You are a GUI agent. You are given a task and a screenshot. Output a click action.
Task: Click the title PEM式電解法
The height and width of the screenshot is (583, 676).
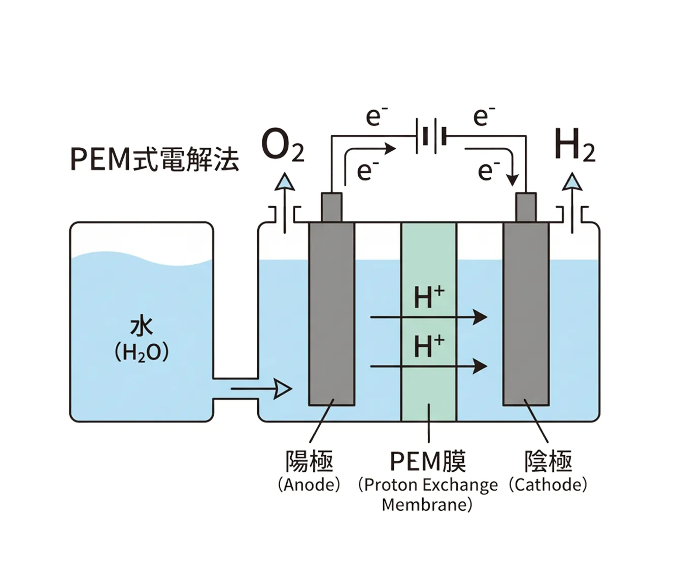point(154,159)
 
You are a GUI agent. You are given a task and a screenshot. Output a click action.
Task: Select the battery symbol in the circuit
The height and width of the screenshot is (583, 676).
point(431,136)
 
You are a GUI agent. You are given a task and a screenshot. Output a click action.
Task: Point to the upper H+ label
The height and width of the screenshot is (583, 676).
point(429,298)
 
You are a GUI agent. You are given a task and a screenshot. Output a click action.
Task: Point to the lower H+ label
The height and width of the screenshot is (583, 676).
point(429,347)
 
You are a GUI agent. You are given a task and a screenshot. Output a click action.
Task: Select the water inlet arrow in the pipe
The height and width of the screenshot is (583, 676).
point(261,389)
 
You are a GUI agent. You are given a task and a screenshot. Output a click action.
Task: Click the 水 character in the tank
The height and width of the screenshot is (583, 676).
point(142,327)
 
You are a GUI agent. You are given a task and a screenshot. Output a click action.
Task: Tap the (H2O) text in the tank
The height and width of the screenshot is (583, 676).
point(142,352)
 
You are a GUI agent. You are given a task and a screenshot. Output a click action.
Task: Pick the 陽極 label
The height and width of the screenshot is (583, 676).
point(309,461)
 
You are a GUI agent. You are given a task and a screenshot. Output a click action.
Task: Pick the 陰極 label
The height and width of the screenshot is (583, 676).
point(548,461)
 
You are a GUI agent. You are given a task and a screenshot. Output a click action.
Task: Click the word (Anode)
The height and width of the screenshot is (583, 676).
point(309,484)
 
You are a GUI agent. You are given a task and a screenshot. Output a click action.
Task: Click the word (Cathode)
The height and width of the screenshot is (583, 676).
point(548,484)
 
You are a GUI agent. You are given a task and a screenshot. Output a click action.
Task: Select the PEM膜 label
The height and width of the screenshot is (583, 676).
point(428,461)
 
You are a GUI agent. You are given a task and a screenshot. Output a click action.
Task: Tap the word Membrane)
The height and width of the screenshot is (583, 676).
point(427,505)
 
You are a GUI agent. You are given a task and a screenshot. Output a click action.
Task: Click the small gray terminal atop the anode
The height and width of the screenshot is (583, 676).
point(331,207)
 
